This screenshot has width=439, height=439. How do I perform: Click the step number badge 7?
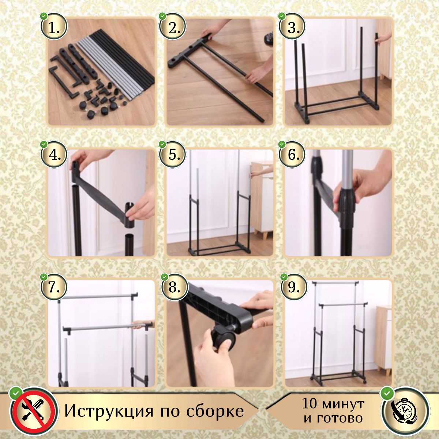(54, 287)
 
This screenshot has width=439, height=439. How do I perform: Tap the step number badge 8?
(174, 287)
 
